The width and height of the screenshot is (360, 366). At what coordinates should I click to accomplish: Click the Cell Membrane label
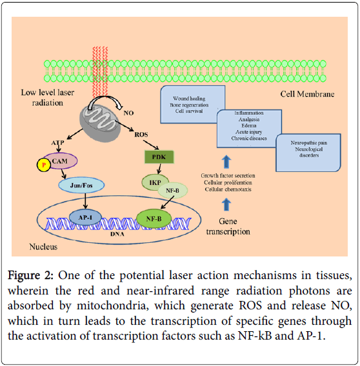[x=307, y=95]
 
